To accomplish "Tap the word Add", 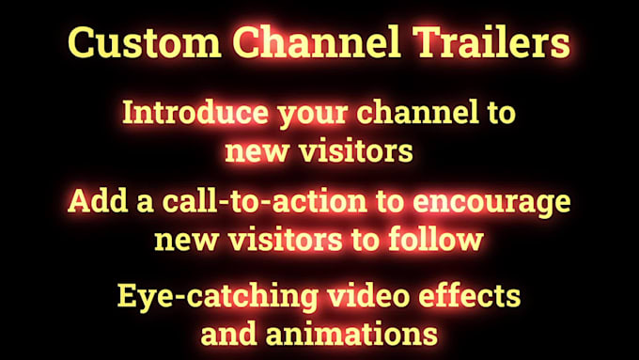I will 91,203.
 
